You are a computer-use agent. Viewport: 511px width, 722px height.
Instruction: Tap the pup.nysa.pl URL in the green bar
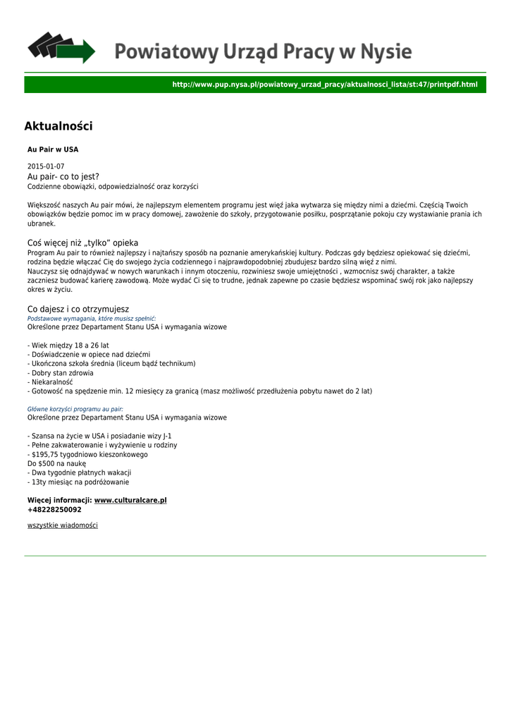[324, 85]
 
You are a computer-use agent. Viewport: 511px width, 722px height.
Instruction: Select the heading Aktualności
[59, 126]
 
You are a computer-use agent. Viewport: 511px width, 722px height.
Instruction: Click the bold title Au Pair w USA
[53, 149]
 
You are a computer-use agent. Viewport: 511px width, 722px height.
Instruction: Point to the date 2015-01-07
[46, 166]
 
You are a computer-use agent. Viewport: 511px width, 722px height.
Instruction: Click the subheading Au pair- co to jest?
[63, 176]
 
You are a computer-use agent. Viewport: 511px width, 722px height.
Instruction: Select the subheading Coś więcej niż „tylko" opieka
[82, 242]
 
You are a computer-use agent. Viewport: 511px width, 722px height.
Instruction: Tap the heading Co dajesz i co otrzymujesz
[78, 309]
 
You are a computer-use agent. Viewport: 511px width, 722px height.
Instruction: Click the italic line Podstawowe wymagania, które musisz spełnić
[92, 319]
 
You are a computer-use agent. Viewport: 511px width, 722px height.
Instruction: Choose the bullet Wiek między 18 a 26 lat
[68, 345]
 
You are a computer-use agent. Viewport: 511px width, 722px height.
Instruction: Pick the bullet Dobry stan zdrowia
[61, 373]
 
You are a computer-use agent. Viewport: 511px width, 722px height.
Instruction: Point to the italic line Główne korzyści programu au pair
[75, 409]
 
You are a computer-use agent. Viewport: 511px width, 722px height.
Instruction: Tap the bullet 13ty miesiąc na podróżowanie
[78, 482]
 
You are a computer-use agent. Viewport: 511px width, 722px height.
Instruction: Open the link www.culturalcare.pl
[130, 500]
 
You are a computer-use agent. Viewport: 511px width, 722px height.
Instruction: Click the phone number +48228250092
[54, 509]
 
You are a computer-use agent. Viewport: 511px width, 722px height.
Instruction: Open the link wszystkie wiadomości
[63, 525]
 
